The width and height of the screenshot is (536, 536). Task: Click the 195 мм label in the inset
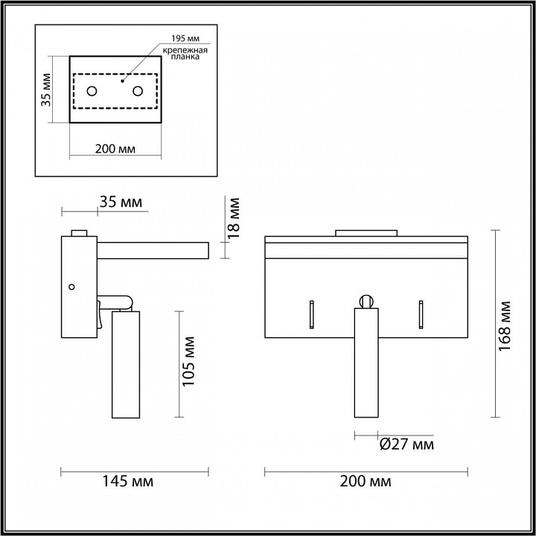tap(185, 38)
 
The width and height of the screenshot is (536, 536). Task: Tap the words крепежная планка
tap(185, 54)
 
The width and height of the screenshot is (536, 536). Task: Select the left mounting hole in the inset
tap(92, 92)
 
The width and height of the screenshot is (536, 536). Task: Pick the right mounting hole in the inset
tap(138, 92)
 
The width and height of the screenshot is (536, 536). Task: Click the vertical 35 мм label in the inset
tap(46, 89)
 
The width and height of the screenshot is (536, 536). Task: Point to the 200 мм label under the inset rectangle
tap(115, 149)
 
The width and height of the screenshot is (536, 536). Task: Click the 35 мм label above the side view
tap(121, 202)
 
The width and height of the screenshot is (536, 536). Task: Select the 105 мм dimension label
tap(188, 362)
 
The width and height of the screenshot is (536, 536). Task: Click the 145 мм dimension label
tap(128, 482)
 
